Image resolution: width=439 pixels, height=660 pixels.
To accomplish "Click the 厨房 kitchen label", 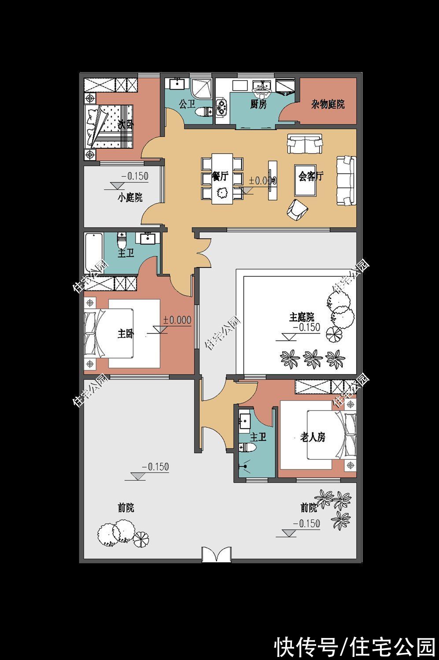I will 258,104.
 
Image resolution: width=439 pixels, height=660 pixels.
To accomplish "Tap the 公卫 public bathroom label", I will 187,104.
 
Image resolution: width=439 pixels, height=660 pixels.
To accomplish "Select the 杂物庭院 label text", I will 328,104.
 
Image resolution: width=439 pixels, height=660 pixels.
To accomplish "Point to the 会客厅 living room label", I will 310,176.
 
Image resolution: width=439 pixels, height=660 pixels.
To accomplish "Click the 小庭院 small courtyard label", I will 130,198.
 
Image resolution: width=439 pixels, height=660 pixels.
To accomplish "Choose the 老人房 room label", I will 313,437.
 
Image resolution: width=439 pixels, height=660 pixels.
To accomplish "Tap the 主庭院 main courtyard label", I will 302,317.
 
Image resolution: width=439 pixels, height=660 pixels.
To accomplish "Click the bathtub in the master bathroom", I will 94,252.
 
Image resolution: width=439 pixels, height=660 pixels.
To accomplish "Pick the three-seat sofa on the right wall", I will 346,180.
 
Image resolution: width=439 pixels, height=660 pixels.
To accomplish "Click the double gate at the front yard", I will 216,554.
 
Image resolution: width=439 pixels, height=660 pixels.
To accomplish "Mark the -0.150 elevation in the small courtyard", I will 135,176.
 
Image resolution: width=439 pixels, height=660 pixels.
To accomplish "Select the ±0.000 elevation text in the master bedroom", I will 177,320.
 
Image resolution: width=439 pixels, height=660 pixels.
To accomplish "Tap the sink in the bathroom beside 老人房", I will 244,421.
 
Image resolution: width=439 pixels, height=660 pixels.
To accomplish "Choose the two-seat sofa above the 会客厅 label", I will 305,144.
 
